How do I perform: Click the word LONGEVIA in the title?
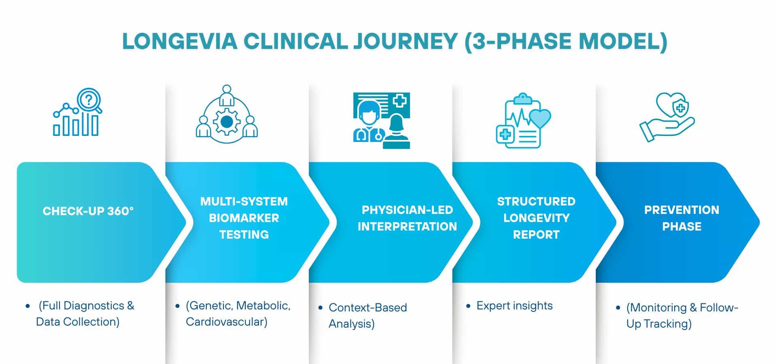click(x=180, y=41)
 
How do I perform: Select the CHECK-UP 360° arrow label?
click(x=88, y=211)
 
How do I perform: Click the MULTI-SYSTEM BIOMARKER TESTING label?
click(x=244, y=218)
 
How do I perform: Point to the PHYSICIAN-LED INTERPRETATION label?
click(x=407, y=218)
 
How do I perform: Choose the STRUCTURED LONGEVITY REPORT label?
click(x=536, y=218)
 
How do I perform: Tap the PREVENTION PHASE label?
click(x=681, y=218)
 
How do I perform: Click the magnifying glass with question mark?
click(x=89, y=99)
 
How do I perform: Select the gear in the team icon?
click(x=227, y=121)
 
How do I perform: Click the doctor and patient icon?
click(x=381, y=121)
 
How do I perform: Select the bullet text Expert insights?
click(x=514, y=306)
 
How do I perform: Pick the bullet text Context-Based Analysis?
click(x=367, y=315)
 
